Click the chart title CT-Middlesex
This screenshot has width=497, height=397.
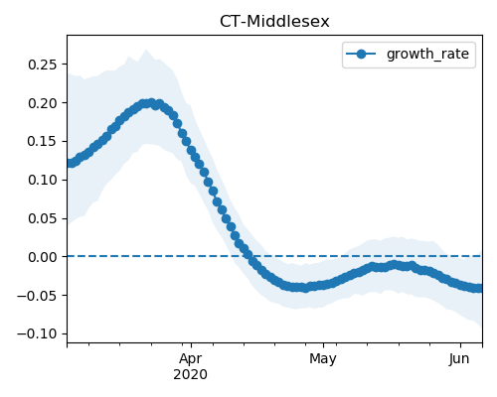274,22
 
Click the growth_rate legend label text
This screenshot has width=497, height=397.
427,54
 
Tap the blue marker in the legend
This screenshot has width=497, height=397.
361,54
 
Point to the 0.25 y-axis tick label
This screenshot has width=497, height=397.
43,65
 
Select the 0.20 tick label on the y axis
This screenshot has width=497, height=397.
43,103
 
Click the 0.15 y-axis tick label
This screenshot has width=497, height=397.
43,142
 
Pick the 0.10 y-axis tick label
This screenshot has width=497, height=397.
43,181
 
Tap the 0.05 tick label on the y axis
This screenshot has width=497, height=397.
43,218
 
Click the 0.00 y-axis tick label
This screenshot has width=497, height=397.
43,257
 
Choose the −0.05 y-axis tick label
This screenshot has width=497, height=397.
38,296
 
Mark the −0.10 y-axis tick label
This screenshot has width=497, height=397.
38,333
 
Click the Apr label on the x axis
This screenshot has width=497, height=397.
191,359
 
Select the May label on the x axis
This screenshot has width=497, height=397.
323,359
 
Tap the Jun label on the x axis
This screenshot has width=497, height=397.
459,359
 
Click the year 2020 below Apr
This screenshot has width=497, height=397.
191,374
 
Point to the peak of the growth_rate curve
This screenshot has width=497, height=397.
151,103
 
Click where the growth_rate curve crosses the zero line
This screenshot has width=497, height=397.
249,256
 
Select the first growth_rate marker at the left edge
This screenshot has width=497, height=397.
70,163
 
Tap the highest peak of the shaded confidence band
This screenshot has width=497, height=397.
146,50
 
